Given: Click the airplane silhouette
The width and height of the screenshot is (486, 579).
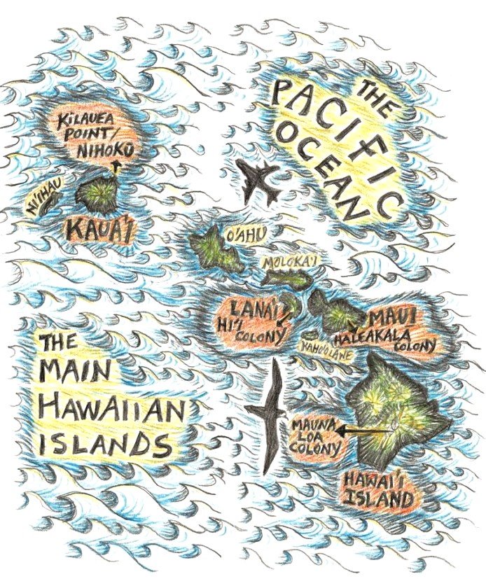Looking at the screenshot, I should point(260,181).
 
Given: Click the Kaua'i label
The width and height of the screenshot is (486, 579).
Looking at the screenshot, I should point(99,228).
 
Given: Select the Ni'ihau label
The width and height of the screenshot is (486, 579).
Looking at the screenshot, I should point(41,204).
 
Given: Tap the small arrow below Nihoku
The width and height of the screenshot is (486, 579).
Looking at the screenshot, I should point(116,166).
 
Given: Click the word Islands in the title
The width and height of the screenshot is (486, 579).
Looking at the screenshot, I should point(104,442).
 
